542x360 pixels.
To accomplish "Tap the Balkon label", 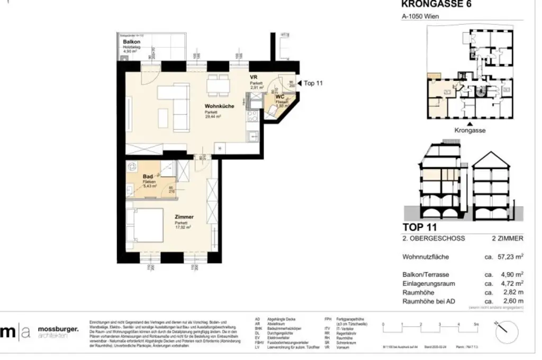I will [x=131, y=41].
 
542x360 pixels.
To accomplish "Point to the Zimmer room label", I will [x=184, y=217].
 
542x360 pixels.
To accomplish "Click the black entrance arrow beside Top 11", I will [x=299, y=83].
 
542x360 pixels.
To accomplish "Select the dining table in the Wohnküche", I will [x=218, y=83].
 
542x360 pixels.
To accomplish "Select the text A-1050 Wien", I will [x=419, y=16].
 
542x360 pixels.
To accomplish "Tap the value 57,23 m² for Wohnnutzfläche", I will [x=507, y=257].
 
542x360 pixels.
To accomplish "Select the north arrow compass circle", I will [x=506, y=332].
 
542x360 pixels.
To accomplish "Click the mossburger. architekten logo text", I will [x=58, y=332].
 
